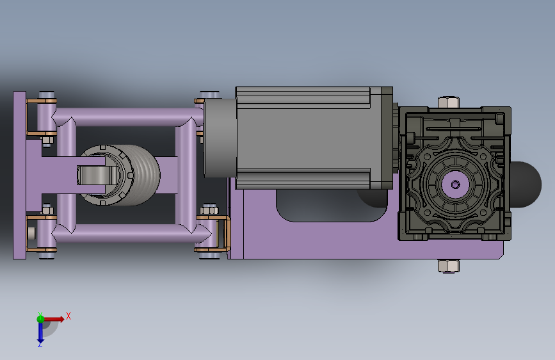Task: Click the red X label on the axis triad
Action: tap(68, 316)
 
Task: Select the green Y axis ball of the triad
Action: tap(40, 319)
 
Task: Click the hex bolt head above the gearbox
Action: tap(449, 102)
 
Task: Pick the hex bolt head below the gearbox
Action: tap(449, 266)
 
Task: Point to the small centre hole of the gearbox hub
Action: tap(455, 184)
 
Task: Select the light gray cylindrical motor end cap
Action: tap(220, 138)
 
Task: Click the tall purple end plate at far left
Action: tap(19, 175)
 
